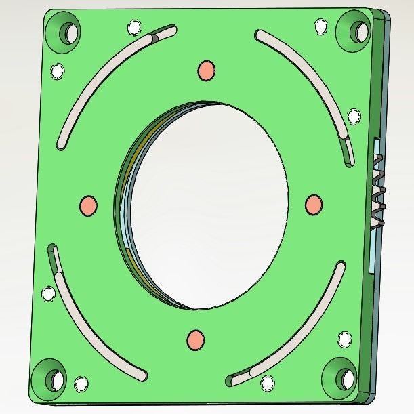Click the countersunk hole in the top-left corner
[x=69, y=30]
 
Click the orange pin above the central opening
[x=206, y=69]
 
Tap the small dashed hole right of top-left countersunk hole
[x=134, y=28]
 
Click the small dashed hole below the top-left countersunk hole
[x=58, y=70]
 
